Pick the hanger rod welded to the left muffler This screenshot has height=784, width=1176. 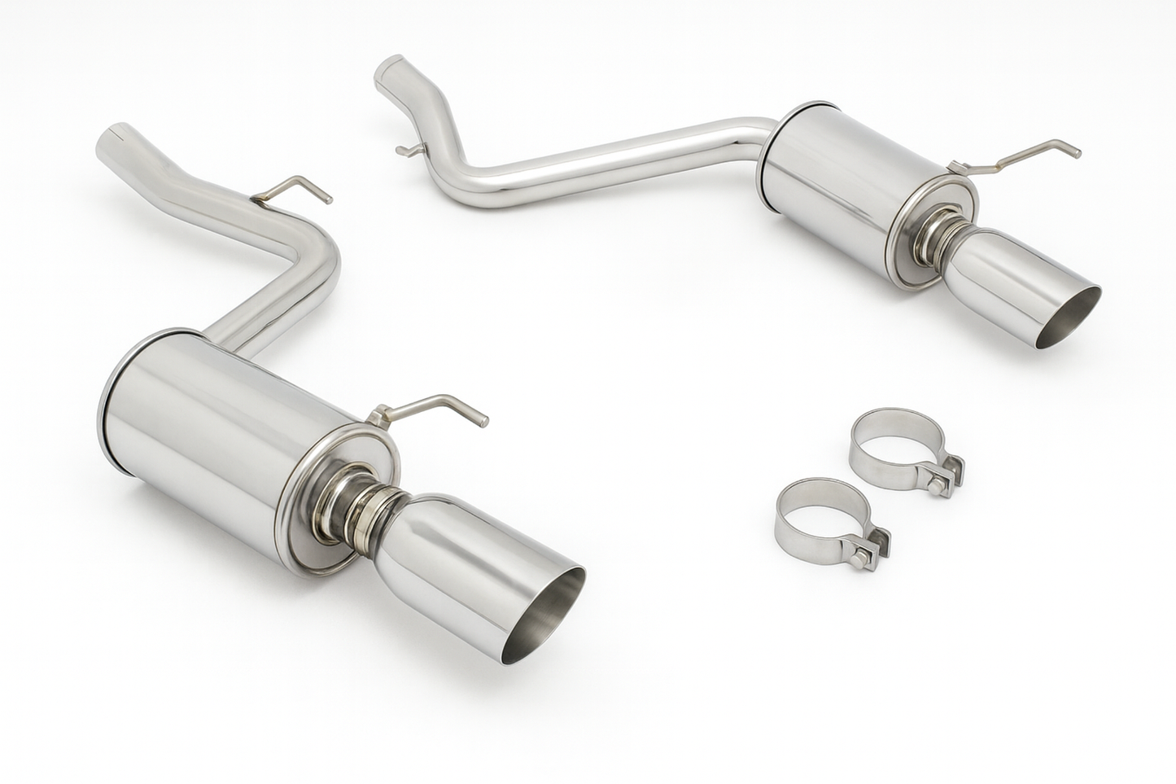click(x=431, y=407)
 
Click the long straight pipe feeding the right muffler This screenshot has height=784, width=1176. click(x=619, y=151)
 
